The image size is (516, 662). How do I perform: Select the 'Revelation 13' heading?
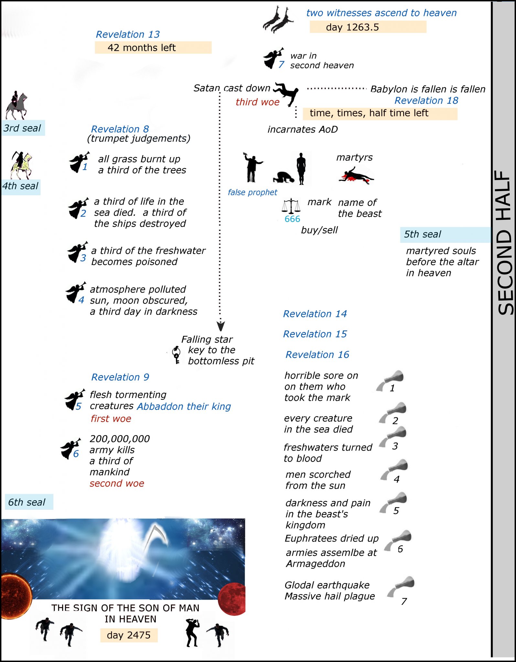click(128, 34)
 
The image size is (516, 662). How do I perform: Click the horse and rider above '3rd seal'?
click(16, 105)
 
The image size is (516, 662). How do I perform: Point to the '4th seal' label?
click(20, 187)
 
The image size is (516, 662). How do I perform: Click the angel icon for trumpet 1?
click(78, 162)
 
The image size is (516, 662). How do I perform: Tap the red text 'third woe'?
click(257, 102)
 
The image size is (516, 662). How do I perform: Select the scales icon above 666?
click(291, 206)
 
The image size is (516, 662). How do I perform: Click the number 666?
click(292, 219)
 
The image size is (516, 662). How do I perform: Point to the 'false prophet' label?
click(252, 192)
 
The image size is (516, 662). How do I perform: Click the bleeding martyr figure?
click(356, 176)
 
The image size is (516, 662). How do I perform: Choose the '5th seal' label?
click(422, 234)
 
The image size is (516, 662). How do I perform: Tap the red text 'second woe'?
click(117, 483)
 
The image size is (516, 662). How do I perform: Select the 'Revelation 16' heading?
click(317, 355)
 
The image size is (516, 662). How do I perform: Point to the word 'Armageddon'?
click(316, 564)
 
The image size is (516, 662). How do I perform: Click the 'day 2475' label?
click(129, 635)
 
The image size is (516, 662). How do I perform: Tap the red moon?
click(231, 599)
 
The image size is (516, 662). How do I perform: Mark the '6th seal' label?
click(27, 502)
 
